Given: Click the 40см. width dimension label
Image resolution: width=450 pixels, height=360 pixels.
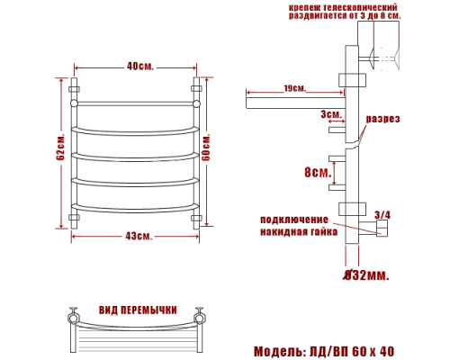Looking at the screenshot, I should pyautogui.click(x=139, y=67).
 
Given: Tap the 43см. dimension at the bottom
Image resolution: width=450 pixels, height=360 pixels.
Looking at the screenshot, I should pyautogui.click(x=138, y=236).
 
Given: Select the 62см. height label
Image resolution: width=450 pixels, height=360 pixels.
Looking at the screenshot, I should pyautogui.click(x=60, y=153).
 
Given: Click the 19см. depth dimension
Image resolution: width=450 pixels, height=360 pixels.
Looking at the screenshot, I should pyautogui.click(x=292, y=88).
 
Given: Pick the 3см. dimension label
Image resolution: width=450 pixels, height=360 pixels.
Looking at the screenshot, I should pyautogui.click(x=330, y=114).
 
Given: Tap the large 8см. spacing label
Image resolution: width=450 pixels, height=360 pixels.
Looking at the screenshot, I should pyautogui.click(x=316, y=172).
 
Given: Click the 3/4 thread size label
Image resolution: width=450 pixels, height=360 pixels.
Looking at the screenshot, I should pyautogui.click(x=382, y=214).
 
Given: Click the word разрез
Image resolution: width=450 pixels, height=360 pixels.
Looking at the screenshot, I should pyautogui.click(x=382, y=120).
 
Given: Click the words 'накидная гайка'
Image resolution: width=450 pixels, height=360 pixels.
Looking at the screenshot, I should pyautogui.click(x=299, y=231).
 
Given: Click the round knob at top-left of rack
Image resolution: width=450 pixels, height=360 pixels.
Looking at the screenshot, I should pyautogui.click(x=75, y=103).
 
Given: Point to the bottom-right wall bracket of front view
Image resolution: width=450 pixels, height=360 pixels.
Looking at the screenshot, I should pyautogui.click(x=197, y=219).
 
